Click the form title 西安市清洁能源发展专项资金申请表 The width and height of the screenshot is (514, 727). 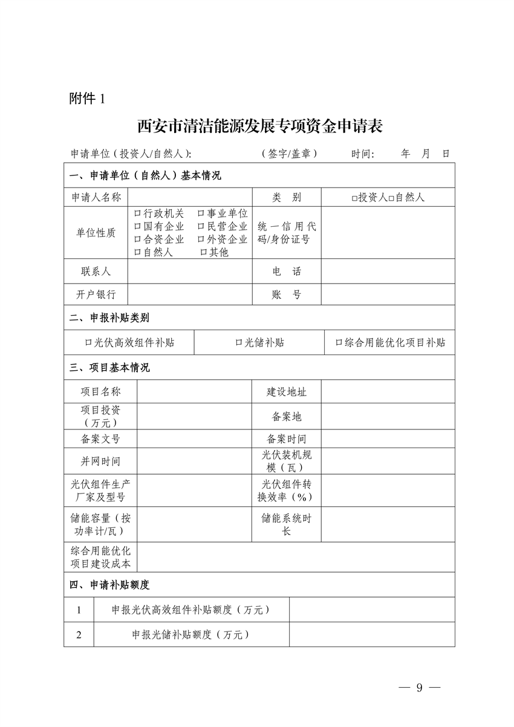tap(259, 126)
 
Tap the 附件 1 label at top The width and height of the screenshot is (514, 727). tap(88, 99)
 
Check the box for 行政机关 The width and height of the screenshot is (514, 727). tap(137, 214)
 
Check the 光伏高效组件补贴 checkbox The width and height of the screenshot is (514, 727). tap(88, 342)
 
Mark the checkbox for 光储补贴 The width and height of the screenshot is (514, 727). tap(239, 342)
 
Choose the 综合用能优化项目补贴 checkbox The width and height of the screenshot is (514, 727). tap(339, 342)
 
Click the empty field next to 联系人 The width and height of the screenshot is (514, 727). tap(189, 271)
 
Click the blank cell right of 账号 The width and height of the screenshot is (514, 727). tap(388, 295)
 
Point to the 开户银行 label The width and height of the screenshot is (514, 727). tap(96, 295)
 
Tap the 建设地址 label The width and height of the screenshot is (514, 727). tap(287, 392)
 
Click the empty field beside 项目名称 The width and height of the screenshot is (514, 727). tap(194, 392)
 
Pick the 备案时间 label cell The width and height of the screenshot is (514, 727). tap(287, 439)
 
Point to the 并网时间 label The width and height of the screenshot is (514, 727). tap(100, 461)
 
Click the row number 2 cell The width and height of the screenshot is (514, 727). tap(79, 634)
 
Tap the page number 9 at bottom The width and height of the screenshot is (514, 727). tap(418, 688)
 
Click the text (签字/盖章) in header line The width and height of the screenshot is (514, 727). tap(289, 154)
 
